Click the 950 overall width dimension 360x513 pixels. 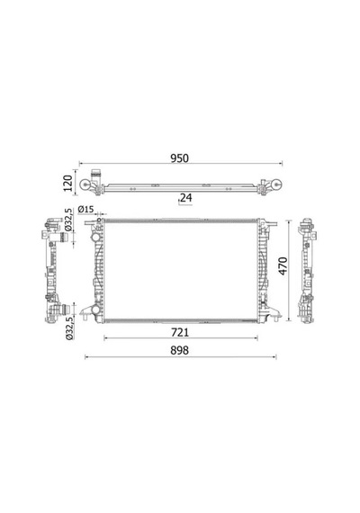[x=180, y=158]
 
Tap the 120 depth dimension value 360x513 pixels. [x=67, y=184]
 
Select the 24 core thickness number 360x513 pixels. [x=186, y=198]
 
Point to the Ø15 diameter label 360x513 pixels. [x=85, y=210]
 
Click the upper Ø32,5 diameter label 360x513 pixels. [x=68, y=220]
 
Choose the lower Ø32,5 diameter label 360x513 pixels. [x=69, y=328]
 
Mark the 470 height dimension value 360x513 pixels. [x=283, y=266]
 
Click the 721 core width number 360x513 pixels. [x=180, y=333]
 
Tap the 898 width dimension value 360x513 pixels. [x=180, y=350]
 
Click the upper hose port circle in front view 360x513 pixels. [x=95, y=236]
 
